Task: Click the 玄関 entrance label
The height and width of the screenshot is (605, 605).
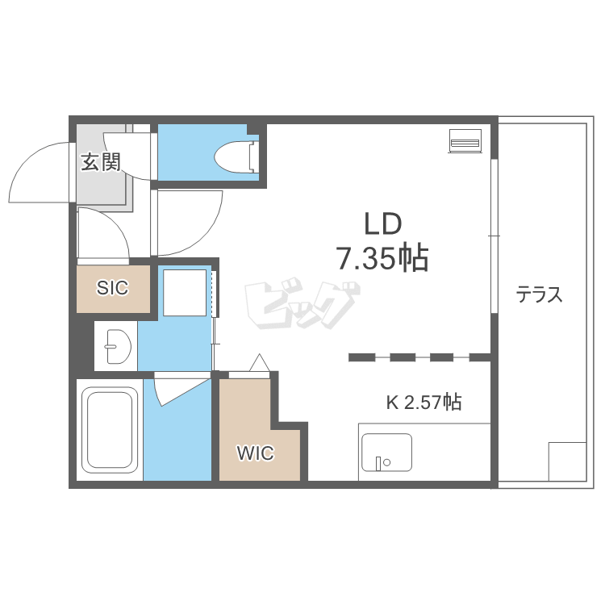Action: pyautogui.click(x=101, y=162)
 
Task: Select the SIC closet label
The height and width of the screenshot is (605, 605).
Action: pyautogui.click(x=112, y=288)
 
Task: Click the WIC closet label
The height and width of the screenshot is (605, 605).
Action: pyautogui.click(x=256, y=453)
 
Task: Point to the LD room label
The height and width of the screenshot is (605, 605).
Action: pyautogui.click(x=383, y=224)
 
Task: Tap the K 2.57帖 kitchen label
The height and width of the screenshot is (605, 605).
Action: pyautogui.click(x=423, y=402)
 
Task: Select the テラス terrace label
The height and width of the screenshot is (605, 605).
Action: pyautogui.click(x=540, y=294)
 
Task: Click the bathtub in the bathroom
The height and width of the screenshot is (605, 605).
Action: pyautogui.click(x=109, y=430)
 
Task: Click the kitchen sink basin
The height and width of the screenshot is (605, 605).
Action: pyautogui.click(x=386, y=453)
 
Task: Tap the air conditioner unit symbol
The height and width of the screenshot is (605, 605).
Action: pyautogui.click(x=465, y=141)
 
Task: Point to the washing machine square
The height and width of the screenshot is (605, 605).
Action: pyautogui.click(x=185, y=293)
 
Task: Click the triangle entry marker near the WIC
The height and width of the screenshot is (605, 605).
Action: pyautogui.click(x=259, y=362)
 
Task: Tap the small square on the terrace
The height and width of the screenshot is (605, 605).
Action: pyautogui.click(x=567, y=461)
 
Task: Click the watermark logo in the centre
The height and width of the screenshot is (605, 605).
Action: pyautogui.click(x=300, y=304)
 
